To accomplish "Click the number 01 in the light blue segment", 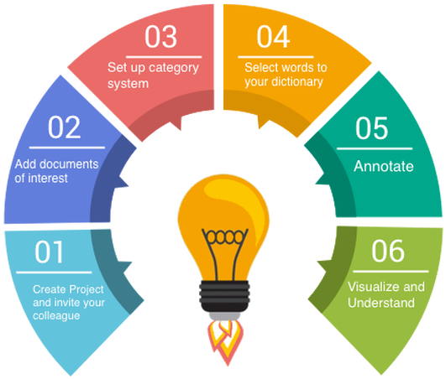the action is pyautogui.click(x=49, y=252).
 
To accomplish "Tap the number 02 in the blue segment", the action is pyautogui.click(x=65, y=127).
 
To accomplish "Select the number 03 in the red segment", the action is pyautogui.click(x=160, y=36).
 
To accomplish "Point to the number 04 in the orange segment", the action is pyautogui.click(x=273, y=36).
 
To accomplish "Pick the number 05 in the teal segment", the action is pyautogui.click(x=371, y=128).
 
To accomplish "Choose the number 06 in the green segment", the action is pyautogui.click(x=388, y=251).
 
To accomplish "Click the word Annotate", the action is pyautogui.click(x=383, y=166).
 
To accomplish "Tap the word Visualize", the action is pyautogui.click(x=374, y=287).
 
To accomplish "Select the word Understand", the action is pyautogui.click(x=381, y=303).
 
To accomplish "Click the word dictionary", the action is pyautogui.click(x=297, y=82).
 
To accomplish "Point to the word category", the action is pyautogui.click(x=174, y=69).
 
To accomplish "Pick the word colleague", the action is pyautogui.click(x=56, y=315).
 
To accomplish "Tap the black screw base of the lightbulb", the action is pyautogui.click(x=224, y=296).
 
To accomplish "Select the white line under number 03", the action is pyautogui.click(x=164, y=57).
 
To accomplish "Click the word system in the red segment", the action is pyautogui.click(x=128, y=84).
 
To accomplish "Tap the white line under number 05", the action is pyautogui.click(x=375, y=148).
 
